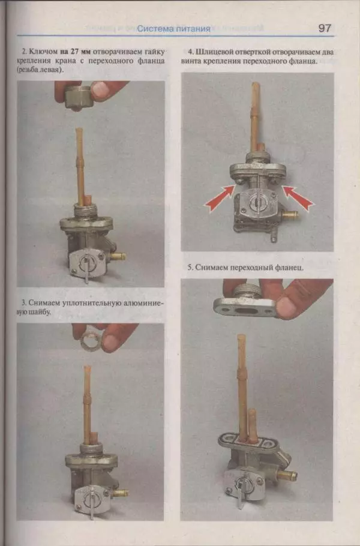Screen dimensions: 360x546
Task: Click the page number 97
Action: coord(324,28)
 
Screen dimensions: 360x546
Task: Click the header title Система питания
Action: coord(174,29)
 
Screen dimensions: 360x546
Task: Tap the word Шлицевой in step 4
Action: coord(214,52)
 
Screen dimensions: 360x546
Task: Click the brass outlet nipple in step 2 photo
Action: coord(118,257)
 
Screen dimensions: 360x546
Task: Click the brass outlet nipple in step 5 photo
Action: coord(288,475)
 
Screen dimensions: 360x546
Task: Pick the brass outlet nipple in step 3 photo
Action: coord(121,493)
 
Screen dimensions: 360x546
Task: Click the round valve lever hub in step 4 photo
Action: coord(257,203)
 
